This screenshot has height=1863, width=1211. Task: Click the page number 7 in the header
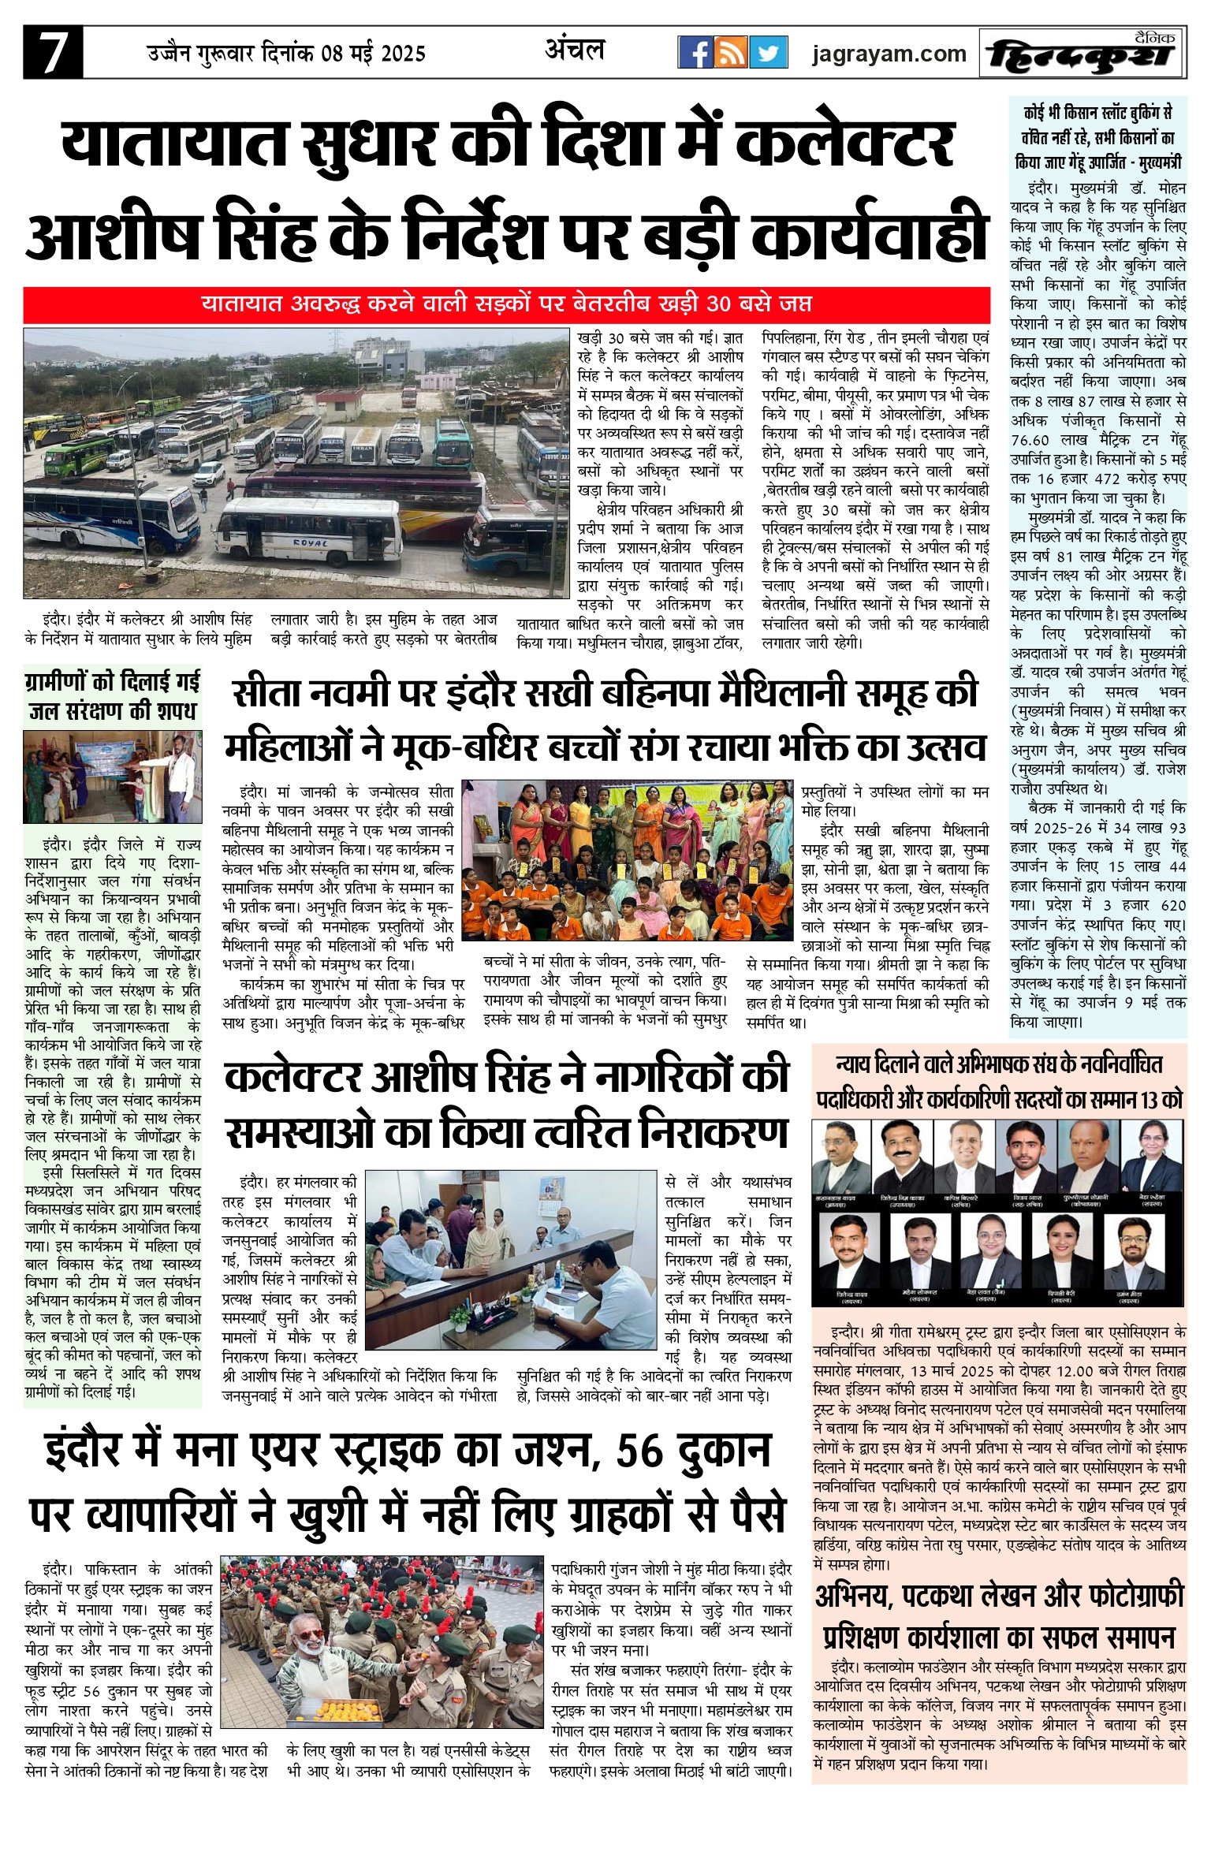coord(52,54)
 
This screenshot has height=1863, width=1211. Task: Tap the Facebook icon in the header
coord(695,53)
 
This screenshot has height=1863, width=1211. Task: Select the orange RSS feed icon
coord(732,53)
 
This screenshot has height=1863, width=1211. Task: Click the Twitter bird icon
coord(768,53)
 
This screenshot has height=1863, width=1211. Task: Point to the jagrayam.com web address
coord(889,54)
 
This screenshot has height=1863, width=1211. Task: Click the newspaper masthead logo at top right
coord(1082,54)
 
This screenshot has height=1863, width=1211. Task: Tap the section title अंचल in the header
coord(575,50)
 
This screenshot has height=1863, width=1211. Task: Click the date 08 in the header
coord(334,54)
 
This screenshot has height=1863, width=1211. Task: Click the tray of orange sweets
coord(347,1709)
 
